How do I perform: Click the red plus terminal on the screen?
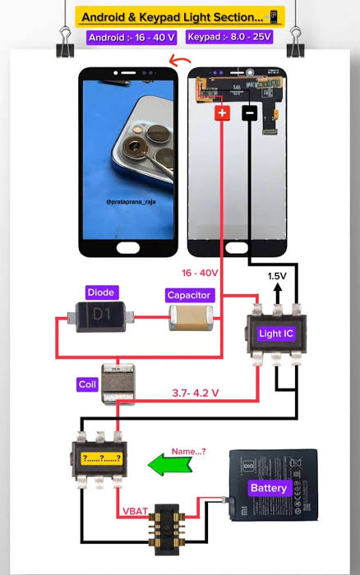click(x=223, y=113)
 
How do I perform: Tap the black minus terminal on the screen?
click(x=250, y=113)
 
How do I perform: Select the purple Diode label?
click(x=102, y=292)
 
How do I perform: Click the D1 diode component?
click(x=101, y=317)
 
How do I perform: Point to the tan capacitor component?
click(x=191, y=318)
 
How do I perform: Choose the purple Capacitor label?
click(x=189, y=295)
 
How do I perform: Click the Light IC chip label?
click(x=276, y=333)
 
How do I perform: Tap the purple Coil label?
click(x=87, y=384)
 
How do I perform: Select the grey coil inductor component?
click(x=118, y=384)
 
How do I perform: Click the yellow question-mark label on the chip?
click(x=102, y=458)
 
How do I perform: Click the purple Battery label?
click(x=269, y=488)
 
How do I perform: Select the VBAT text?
click(x=135, y=511)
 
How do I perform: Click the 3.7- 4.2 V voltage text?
click(x=196, y=393)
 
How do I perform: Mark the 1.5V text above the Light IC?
click(x=277, y=276)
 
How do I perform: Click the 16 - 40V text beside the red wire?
click(x=200, y=273)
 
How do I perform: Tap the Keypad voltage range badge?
click(x=229, y=37)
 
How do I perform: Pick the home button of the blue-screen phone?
click(x=128, y=248)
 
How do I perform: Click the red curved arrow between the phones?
click(x=179, y=61)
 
